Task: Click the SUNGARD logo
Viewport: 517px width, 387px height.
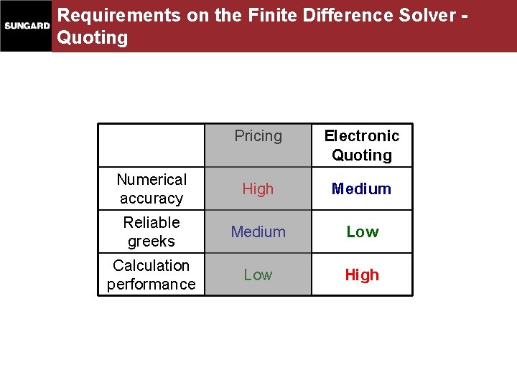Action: [27, 26]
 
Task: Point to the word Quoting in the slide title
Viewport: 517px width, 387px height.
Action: [93, 37]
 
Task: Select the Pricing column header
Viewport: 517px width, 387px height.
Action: [258, 136]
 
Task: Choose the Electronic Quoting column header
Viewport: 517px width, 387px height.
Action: [362, 145]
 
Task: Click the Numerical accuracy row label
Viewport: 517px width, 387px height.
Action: [152, 188]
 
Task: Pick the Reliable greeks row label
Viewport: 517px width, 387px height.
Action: [152, 231]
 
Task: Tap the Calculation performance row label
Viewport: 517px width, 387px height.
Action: [152, 274]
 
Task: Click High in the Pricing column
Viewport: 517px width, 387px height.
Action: [258, 189]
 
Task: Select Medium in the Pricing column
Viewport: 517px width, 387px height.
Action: [258, 232]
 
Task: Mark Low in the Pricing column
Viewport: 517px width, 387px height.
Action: [258, 275]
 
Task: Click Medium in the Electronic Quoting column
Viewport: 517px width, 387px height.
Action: [361, 189]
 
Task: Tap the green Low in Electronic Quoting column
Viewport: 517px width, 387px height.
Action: [363, 232]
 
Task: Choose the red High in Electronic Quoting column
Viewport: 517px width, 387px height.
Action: [362, 275]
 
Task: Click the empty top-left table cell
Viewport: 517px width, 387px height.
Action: [152, 145]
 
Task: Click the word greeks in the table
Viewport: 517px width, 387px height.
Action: [152, 242]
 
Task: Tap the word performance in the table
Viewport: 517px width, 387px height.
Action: [152, 285]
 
